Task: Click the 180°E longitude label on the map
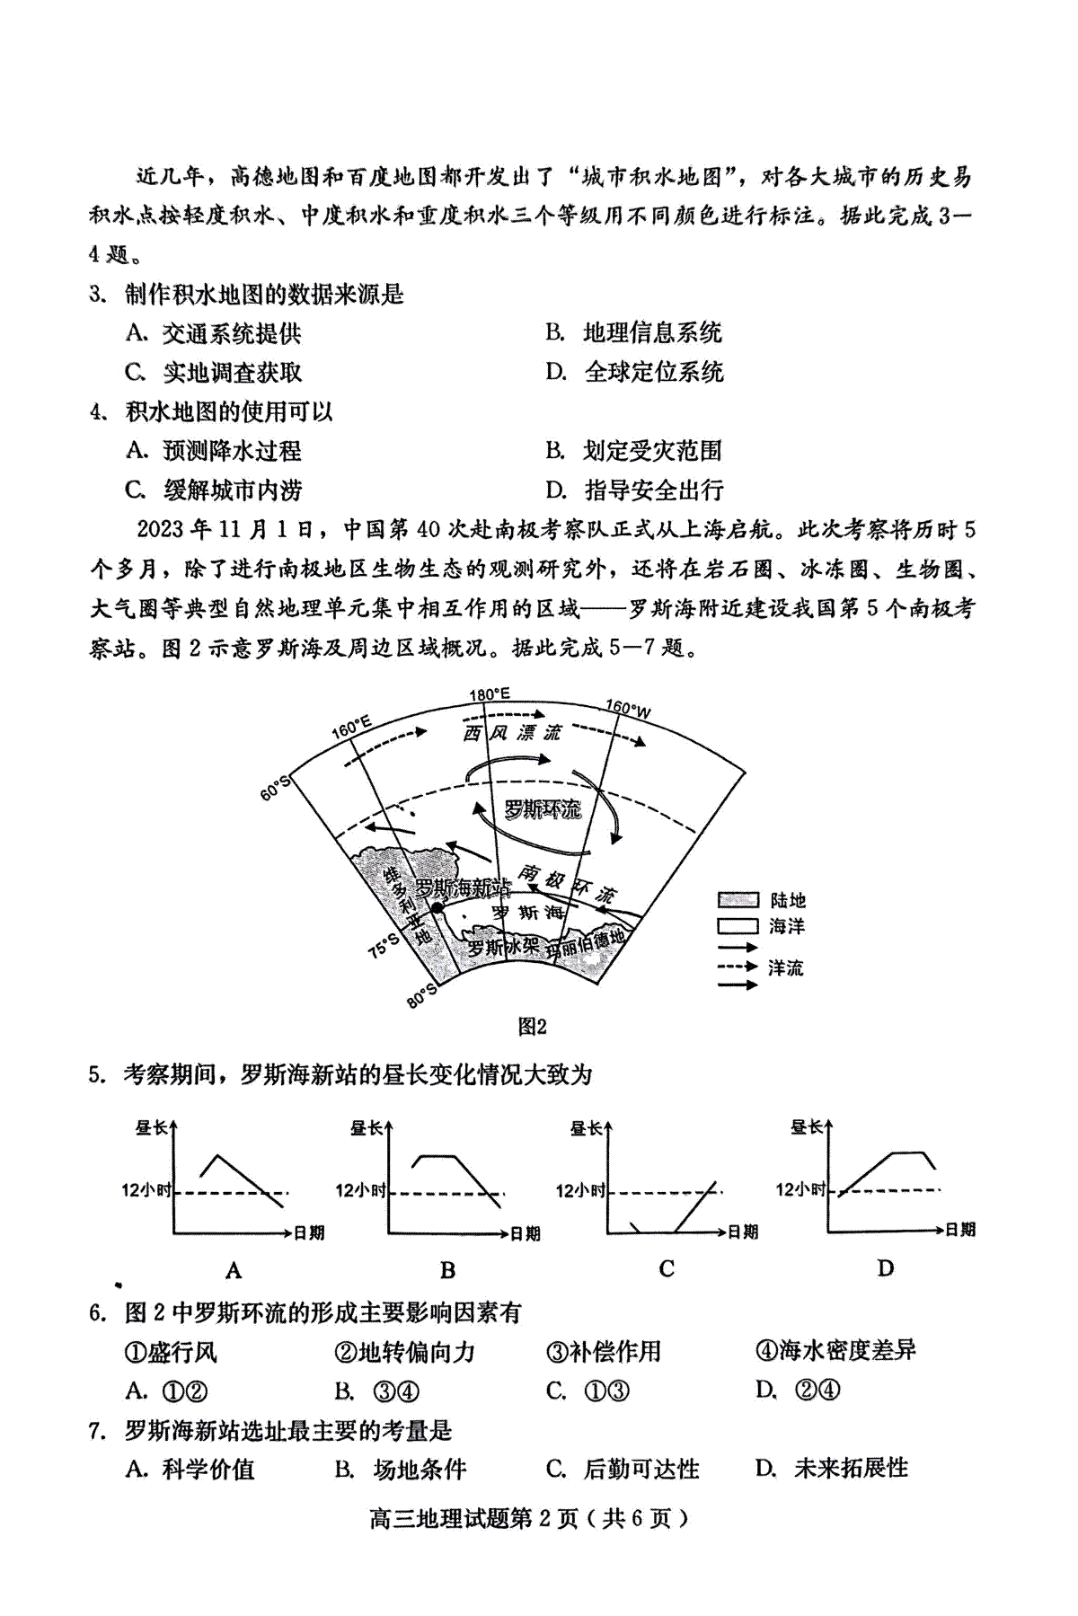pyautogui.click(x=490, y=694)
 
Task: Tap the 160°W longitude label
pyautogui.click(x=628, y=710)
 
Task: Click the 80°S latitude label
pyautogui.click(x=423, y=994)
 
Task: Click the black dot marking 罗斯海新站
pyautogui.click(x=437, y=908)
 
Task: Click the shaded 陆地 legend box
pyautogui.click(x=738, y=900)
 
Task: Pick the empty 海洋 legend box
pyautogui.click(x=738, y=925)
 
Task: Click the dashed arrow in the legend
pyautogui.click(x=738, y=967)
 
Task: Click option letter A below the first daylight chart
pyautogui.click(x=234, y=1270)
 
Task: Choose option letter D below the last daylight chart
pyautogui.click(x=886, y=1268)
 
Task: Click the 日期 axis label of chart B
pyautogui.click(x=526, y=1234)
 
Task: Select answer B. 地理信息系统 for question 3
pyautogui.click(x=634, y=333)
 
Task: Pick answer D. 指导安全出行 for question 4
pyautogui.click(x=634, y=490)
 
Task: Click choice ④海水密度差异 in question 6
pyautogui.click(x=835, y=1350)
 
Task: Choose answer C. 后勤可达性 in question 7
pyautogui.click(x=623, y=1469)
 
